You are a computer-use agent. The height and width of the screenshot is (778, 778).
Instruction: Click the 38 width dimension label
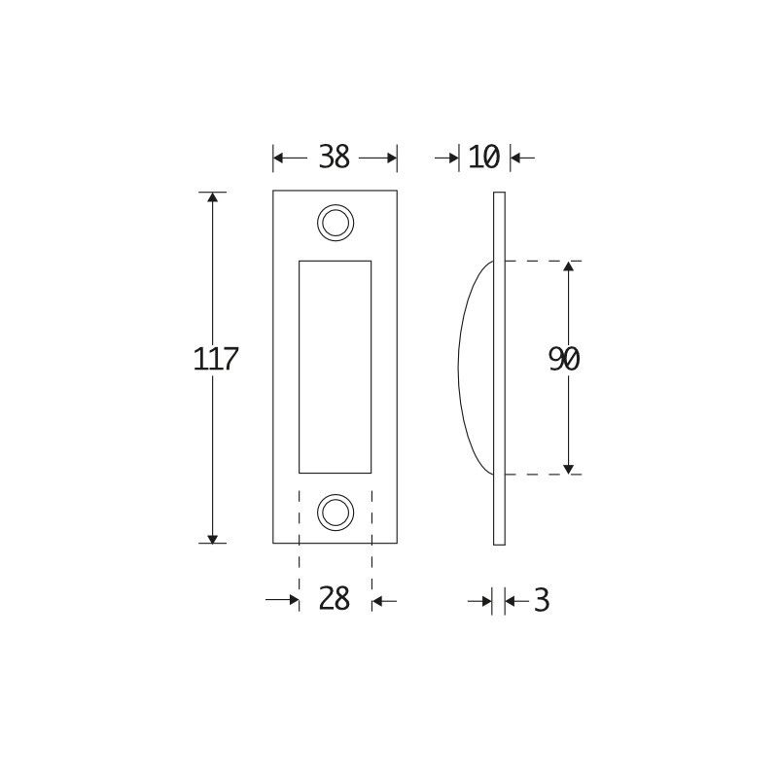[x=334, y=157]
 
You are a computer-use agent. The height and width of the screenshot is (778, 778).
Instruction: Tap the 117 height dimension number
[x=216, y=359]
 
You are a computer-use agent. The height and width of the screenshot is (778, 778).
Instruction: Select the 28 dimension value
[x=334, y=600]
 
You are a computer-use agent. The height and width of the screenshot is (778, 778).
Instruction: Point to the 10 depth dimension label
[x=483, y=157]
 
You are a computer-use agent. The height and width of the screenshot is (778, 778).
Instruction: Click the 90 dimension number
[x=564, y=360]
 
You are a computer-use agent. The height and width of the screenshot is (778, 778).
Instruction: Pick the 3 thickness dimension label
[x=542, y=601]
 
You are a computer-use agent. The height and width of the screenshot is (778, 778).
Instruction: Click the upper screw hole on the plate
[x=335, y=222]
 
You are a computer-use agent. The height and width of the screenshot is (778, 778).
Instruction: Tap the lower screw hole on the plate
[x=335, y=512]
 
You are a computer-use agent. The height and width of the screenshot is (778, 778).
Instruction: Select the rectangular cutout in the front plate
[x=335, y=367]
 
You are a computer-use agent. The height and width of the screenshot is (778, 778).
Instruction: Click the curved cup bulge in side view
[x=475, y=368]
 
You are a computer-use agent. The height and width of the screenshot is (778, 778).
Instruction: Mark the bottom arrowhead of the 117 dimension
[x=212, y=536]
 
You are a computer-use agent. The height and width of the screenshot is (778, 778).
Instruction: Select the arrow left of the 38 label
[x=282, y=157]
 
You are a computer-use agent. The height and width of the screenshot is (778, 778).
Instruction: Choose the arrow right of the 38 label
[x=388, y=157]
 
